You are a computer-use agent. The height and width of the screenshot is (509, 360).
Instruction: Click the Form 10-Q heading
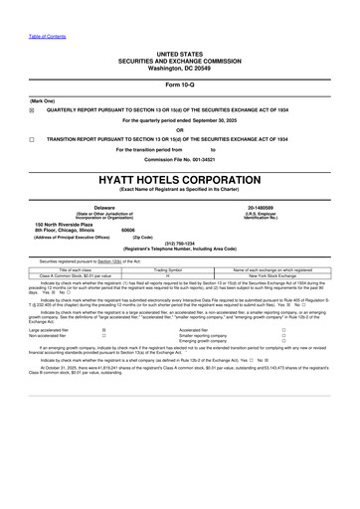179,84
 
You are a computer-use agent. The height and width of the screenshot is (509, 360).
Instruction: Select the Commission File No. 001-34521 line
179,159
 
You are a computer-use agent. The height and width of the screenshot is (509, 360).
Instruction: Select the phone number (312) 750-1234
179,243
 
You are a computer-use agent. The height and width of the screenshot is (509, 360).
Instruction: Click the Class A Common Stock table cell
76,275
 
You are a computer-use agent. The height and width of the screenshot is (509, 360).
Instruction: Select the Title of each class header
76,269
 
